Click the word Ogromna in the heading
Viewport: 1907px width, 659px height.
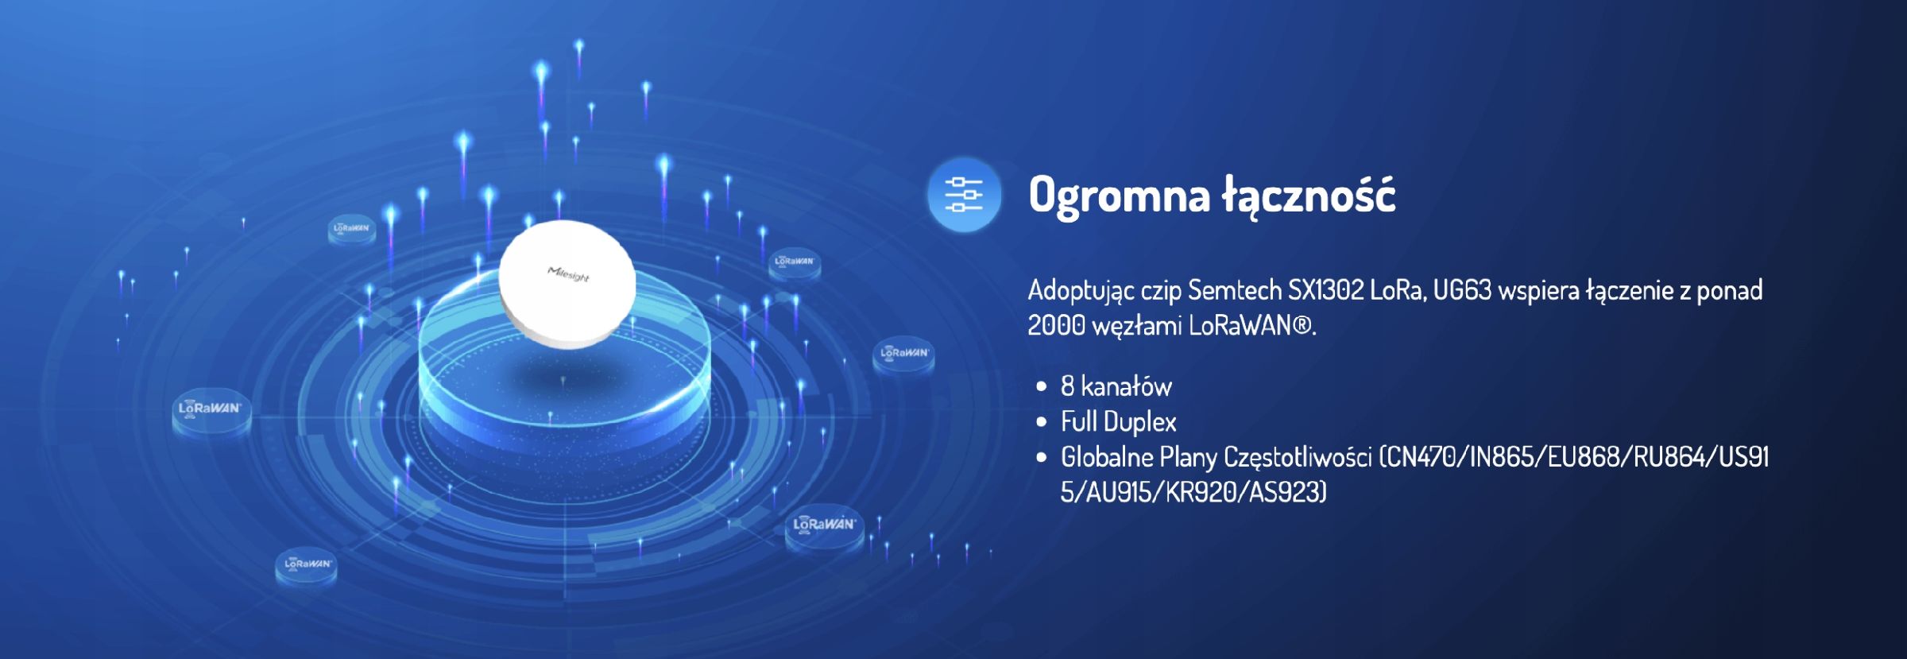(x=1119, y=196)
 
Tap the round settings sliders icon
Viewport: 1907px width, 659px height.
(x=964, y=195)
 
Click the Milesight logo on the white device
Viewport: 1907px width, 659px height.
(x=568, y=275)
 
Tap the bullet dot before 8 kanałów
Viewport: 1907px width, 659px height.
(x=1042, y=387)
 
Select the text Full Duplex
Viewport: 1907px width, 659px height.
(x=1119, y=422)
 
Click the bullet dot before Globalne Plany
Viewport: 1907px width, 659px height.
(x=1042, y=458)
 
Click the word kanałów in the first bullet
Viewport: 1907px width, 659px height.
(x=1127, y=387)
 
